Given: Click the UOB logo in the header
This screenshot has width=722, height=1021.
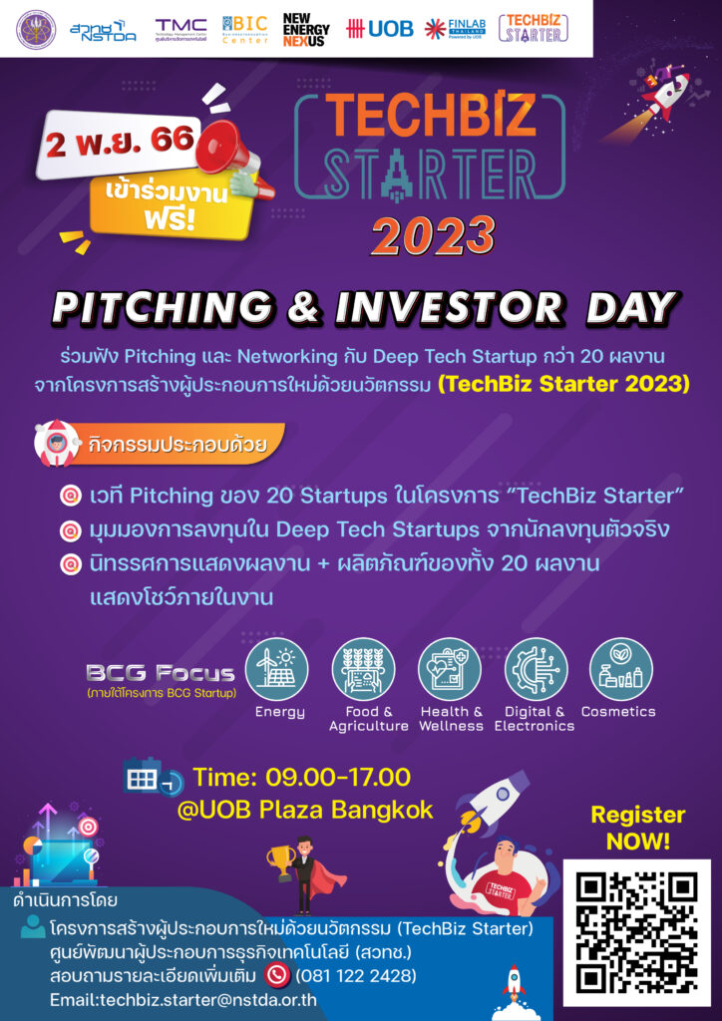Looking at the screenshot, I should coord(379,29).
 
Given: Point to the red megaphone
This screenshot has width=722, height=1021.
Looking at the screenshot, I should coord(225,149).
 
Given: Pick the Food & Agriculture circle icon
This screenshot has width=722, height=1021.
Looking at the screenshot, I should coord(364,669).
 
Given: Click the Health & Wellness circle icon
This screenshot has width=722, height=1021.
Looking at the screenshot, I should coord(450,669).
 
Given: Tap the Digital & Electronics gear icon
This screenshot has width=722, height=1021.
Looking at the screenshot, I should coord(536,669).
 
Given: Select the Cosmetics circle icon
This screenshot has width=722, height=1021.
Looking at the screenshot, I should coord(620,669).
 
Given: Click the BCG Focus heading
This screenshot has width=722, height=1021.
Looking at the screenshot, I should coord(160,673).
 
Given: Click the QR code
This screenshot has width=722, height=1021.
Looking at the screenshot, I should coord(636,933).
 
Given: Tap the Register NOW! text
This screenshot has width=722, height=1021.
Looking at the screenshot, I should coord(637,828).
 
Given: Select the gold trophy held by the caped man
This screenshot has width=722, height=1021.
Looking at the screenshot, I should coord(278,856).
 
